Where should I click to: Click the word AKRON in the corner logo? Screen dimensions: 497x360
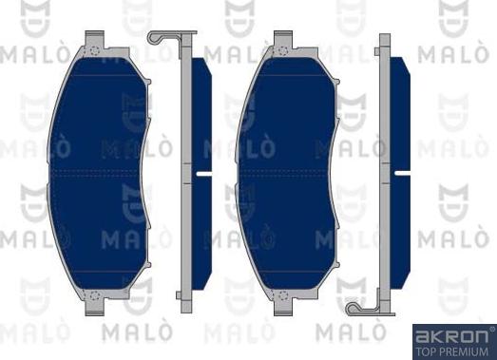(x=451, y=336)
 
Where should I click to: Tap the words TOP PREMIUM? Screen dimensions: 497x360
(x=451, y=351)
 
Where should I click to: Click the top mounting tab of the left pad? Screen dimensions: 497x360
(x=95, y=39)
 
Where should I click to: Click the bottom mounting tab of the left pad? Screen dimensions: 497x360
(x=95, y=308)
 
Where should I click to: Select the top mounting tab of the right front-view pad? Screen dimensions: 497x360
(x=283, y=39)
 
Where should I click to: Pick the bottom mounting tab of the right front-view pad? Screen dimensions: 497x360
(x=283, y=308)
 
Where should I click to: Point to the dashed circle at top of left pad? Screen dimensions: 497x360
(x=95, y=50)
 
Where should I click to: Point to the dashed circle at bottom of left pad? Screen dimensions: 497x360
(x=95, y=295)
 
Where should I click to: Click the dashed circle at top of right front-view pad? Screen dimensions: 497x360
(x=283, y=50)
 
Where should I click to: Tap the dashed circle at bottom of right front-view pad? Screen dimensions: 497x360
(x=283, y=295)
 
